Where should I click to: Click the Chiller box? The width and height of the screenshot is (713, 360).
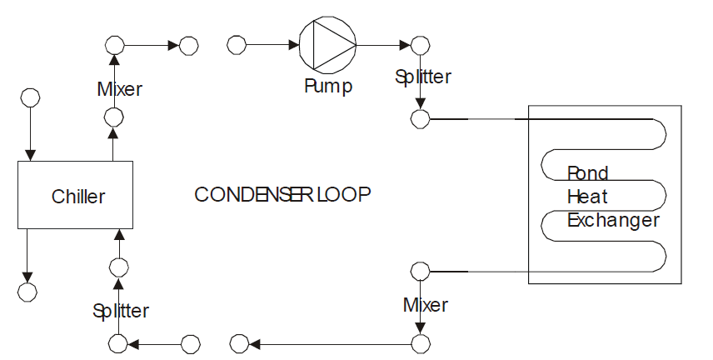click(76, 195)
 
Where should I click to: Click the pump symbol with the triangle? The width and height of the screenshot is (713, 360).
click(327, 44)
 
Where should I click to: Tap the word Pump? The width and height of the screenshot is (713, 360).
click(327, 86)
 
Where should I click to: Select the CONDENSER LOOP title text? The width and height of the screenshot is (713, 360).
click(282, 194)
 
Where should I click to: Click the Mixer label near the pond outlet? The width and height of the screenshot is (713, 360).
click(425, 305)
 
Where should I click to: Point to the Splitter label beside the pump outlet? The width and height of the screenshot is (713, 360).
click(423, 77)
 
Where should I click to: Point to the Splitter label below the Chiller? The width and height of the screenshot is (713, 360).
click(121, 312)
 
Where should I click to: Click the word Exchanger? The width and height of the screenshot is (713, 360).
click(613, 221)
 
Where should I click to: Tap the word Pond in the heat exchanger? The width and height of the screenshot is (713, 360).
click(588, 173)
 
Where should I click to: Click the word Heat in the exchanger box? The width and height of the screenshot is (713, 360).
click(587, 197)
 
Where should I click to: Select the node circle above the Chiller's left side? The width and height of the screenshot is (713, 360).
click(31, 97)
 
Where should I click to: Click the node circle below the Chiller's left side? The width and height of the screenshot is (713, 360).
click(27, 292)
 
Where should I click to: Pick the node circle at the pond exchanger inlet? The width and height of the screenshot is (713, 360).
click(421, 118)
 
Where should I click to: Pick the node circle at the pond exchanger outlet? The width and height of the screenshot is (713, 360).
click(421, 271)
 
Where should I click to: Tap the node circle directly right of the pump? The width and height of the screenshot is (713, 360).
click(421, 44)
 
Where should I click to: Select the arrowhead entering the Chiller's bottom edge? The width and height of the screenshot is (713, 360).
click(119, 232)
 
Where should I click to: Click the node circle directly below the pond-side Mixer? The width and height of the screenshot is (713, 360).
click(421, 342)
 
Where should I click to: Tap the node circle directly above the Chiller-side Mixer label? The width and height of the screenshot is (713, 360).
click(115, 44)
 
